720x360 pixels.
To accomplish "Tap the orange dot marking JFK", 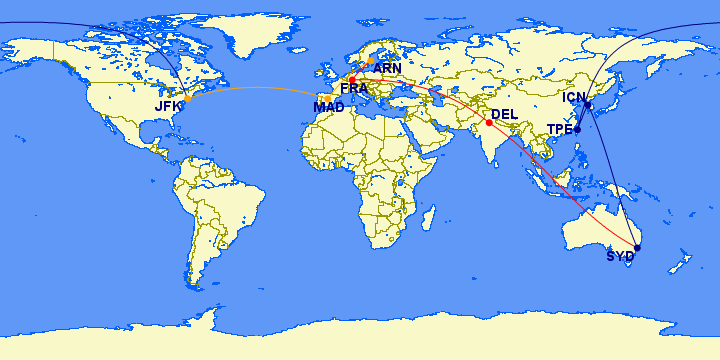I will (x=188, y=99).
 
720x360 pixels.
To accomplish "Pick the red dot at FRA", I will (x=352, y=79).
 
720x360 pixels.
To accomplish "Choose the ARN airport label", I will (x=387, y=69).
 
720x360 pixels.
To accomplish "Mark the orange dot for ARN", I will (x=372, y=61).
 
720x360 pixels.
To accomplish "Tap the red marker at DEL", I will (x=488, y=123).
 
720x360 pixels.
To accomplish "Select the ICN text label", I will (x=574, y=97).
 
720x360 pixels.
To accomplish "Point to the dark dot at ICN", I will (x=588, y=105).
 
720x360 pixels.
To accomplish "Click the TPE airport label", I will (x=559, y=130).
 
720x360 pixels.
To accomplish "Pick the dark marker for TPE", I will (x=577, y=129).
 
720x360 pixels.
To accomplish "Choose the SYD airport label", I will (x=620, y=256).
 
